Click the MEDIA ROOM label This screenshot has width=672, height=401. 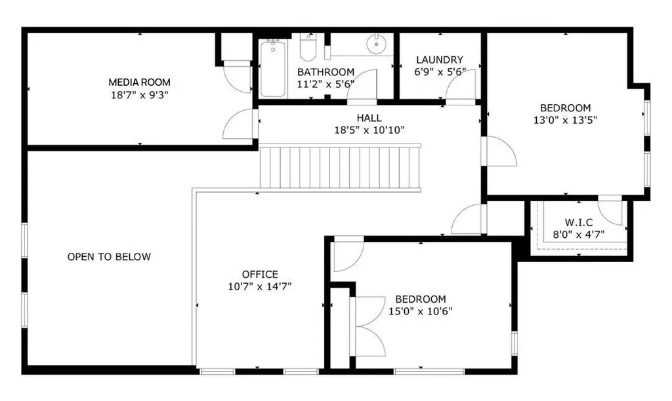coord(139,82)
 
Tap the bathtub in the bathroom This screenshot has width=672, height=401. coord(273,69)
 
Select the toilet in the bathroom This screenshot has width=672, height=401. coord(307,47)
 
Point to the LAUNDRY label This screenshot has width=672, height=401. coord(440,60)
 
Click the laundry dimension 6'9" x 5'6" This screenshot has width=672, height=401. coord(440,72)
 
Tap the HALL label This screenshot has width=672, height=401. coord(369,118)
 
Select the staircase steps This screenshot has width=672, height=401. coord(341,167)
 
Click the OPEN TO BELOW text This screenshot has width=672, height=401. coord(110,257)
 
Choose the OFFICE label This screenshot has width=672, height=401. coord(260,275)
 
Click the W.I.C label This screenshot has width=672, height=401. coord(579,223)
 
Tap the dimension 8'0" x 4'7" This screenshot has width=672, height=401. coord(579,235)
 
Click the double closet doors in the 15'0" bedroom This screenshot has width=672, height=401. coord(367,326)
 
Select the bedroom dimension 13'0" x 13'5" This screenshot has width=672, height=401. coord(565,121)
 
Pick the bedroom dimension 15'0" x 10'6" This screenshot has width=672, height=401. coord(421,311)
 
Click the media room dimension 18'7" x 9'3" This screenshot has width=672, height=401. coord(139,94)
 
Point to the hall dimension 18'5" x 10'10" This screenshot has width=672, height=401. coord(369,130)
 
